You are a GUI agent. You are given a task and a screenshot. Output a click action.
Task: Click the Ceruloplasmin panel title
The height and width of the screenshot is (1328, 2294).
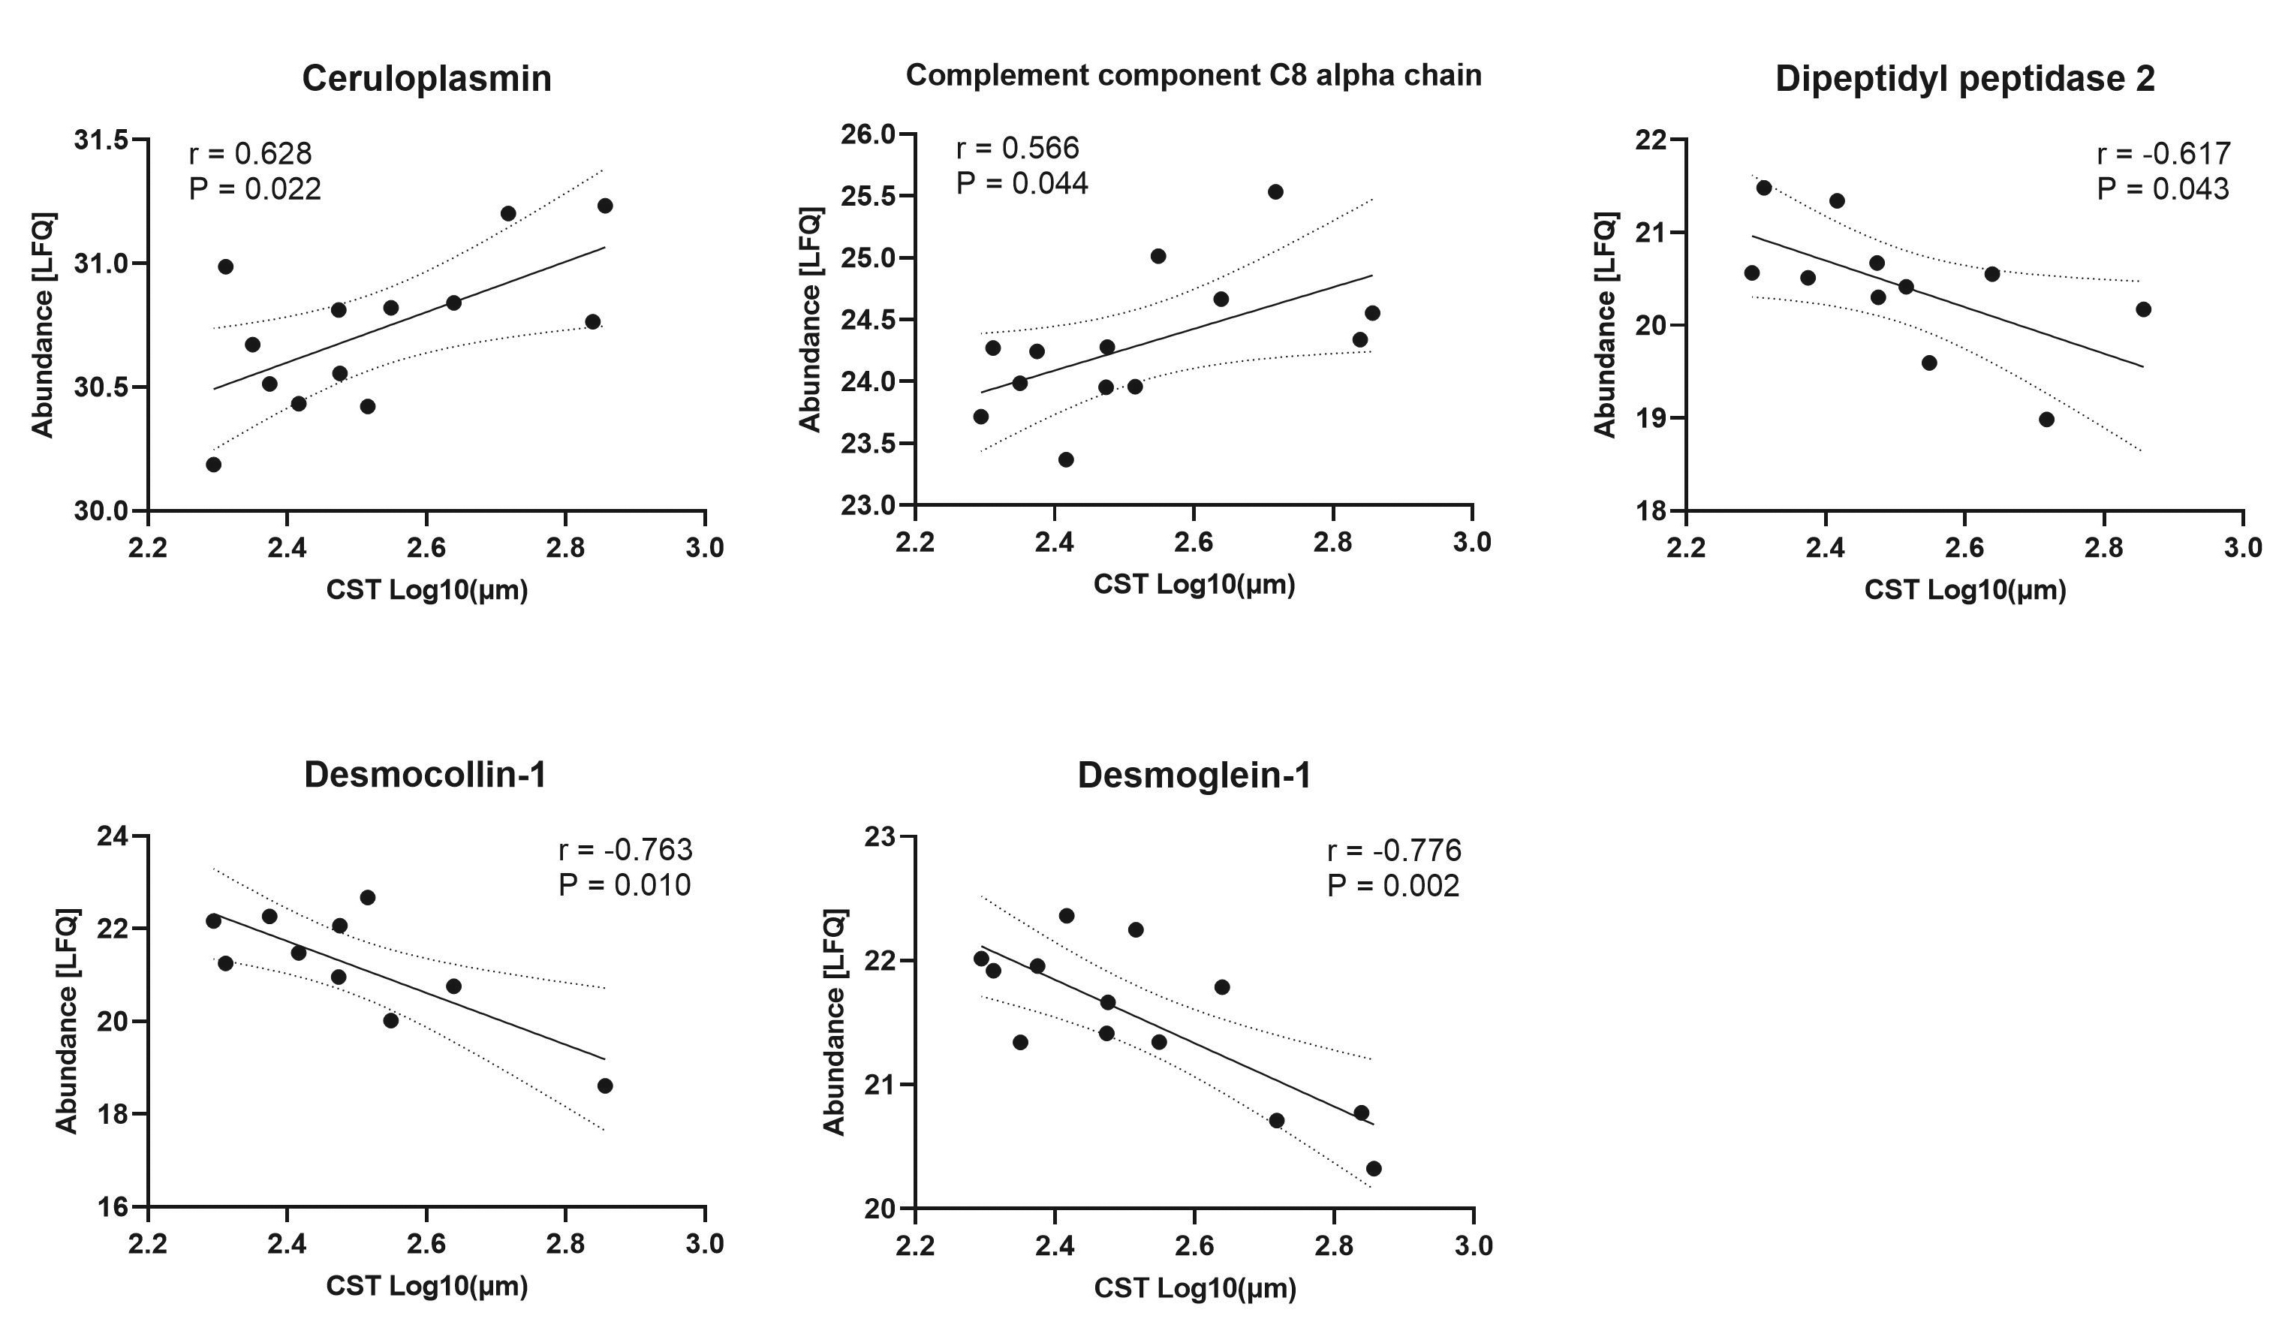[426, 79]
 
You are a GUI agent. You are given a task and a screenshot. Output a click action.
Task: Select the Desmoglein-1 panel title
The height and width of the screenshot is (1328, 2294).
[1194, 775]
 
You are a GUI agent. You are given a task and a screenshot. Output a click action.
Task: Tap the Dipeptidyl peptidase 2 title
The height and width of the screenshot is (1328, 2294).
[1964, 79]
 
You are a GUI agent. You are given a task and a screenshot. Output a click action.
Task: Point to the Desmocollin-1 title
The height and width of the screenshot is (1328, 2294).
[425, 775]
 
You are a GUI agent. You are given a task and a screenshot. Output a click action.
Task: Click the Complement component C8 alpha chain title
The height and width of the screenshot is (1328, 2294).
[1194, 74]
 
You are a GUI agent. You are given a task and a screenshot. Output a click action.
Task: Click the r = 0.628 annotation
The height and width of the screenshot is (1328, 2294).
[250, 154]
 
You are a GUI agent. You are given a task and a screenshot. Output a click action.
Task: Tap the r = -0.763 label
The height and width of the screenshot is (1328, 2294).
[625, 850]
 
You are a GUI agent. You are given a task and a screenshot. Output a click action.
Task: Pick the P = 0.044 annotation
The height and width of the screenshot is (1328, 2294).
[1022, 184]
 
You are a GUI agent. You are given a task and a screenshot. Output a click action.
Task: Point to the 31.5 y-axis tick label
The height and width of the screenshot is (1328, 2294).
[101, 141]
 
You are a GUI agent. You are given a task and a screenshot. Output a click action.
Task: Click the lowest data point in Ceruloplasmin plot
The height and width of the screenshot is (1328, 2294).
[214, 464]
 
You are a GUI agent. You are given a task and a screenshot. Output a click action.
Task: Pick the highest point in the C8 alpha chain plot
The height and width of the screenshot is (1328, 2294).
[1275, 192]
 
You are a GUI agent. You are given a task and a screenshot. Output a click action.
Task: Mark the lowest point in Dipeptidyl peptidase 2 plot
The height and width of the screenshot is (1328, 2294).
[2046, 420]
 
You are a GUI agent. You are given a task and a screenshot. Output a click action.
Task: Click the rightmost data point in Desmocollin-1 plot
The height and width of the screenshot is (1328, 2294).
[604, 1086]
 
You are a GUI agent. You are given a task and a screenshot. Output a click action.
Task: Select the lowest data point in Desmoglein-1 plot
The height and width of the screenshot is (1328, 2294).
[1374, 1169]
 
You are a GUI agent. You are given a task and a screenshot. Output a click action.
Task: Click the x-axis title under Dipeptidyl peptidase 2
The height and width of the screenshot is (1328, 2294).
[1964, 591]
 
